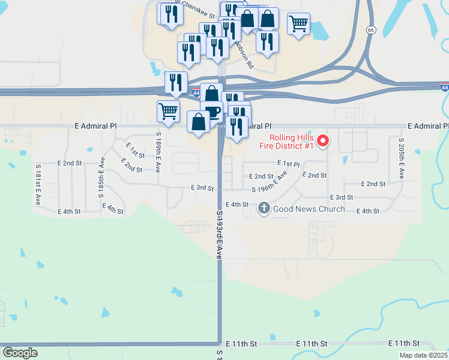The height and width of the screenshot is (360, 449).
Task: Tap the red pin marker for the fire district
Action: tap(323, 142)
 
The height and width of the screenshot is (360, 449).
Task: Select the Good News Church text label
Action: tap(309, 209)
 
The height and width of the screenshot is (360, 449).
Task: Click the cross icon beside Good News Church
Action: tap(264, 209)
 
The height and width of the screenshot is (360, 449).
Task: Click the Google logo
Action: tap(20, 353)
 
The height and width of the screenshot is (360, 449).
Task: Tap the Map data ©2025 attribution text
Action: tap(423, 355)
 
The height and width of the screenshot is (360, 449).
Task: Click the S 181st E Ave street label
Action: tap(38, 184)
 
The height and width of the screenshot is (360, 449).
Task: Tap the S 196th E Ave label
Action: tap(270, 182)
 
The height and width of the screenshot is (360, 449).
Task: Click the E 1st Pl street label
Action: tap(288, 163)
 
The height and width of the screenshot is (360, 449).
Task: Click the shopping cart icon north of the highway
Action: tap(298, 24)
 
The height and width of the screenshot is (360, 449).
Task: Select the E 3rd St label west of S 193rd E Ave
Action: tap(202, 188)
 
